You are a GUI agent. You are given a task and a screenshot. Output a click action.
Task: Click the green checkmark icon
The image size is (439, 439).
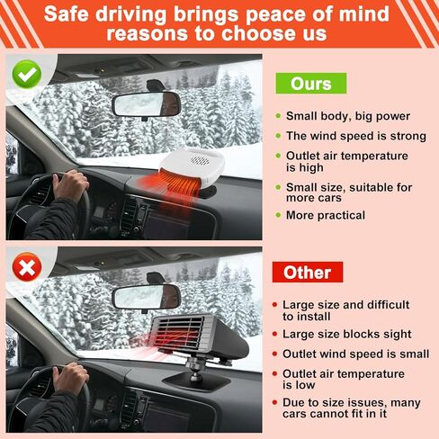tap(28, 73)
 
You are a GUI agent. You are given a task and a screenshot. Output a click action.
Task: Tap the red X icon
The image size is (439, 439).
tap(28, 267)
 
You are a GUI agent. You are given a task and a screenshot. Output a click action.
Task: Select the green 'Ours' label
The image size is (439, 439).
tap(310, 84)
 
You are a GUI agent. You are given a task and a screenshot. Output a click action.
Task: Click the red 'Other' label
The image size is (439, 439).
tap(308, 272)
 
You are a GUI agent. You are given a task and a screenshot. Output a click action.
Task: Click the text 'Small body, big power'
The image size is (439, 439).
tap(347, 116)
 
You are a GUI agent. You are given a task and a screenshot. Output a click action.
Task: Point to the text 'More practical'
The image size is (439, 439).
tap(325, 215)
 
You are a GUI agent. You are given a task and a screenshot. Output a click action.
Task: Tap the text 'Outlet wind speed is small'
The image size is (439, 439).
tap(355, 354)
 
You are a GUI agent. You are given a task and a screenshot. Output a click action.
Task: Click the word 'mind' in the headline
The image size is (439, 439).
tap(361, 15)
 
